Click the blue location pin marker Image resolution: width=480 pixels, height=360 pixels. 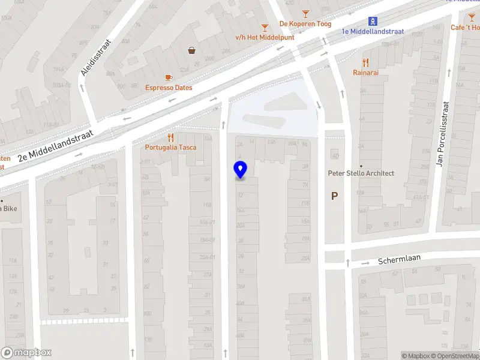(x=240, y=170)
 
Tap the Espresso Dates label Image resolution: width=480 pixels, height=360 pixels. (x=169, y=88)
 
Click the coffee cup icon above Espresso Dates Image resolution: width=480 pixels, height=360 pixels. (x=169, y=77)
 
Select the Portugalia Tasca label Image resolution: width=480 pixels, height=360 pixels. (x=170, y=148)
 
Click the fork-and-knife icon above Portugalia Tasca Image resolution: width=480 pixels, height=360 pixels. (x=170, y=137)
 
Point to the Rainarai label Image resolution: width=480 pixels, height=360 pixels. (x=365, y=73)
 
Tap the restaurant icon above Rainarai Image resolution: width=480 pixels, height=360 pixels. (x=365, y=62)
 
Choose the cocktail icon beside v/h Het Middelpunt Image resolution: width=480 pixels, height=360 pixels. (x=265, y=27)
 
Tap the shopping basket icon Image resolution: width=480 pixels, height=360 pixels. (x=192, y=50)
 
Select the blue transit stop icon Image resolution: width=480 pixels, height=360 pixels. (x=373, y=21)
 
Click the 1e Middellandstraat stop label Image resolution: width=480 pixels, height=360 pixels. (x=373, y=31)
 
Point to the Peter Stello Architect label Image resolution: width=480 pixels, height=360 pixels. (x=361, y=173)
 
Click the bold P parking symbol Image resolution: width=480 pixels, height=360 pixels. (x=334, y=196)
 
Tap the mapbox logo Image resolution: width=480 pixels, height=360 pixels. (x=26, y=353)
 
